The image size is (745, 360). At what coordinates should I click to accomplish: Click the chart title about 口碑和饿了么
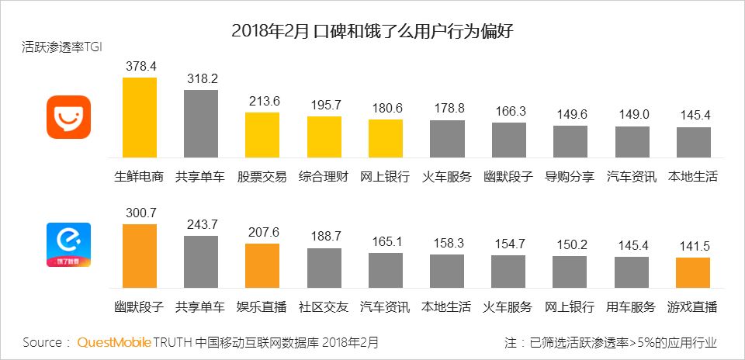[372, 32]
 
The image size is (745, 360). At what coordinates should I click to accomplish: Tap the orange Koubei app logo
[68, 117]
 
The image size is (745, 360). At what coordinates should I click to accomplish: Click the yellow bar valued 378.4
[140, 118]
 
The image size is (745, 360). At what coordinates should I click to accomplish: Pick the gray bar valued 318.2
[200, 124]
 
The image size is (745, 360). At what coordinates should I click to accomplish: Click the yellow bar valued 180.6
[386, 139]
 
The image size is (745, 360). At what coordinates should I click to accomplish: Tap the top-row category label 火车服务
[447, 176]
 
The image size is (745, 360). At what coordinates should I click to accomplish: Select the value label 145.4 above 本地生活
[693, 115]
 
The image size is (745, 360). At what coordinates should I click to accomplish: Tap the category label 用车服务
[631, 306]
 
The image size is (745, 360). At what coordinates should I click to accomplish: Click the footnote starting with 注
[610, 342]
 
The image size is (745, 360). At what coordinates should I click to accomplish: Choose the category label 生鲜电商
[140, 176]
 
